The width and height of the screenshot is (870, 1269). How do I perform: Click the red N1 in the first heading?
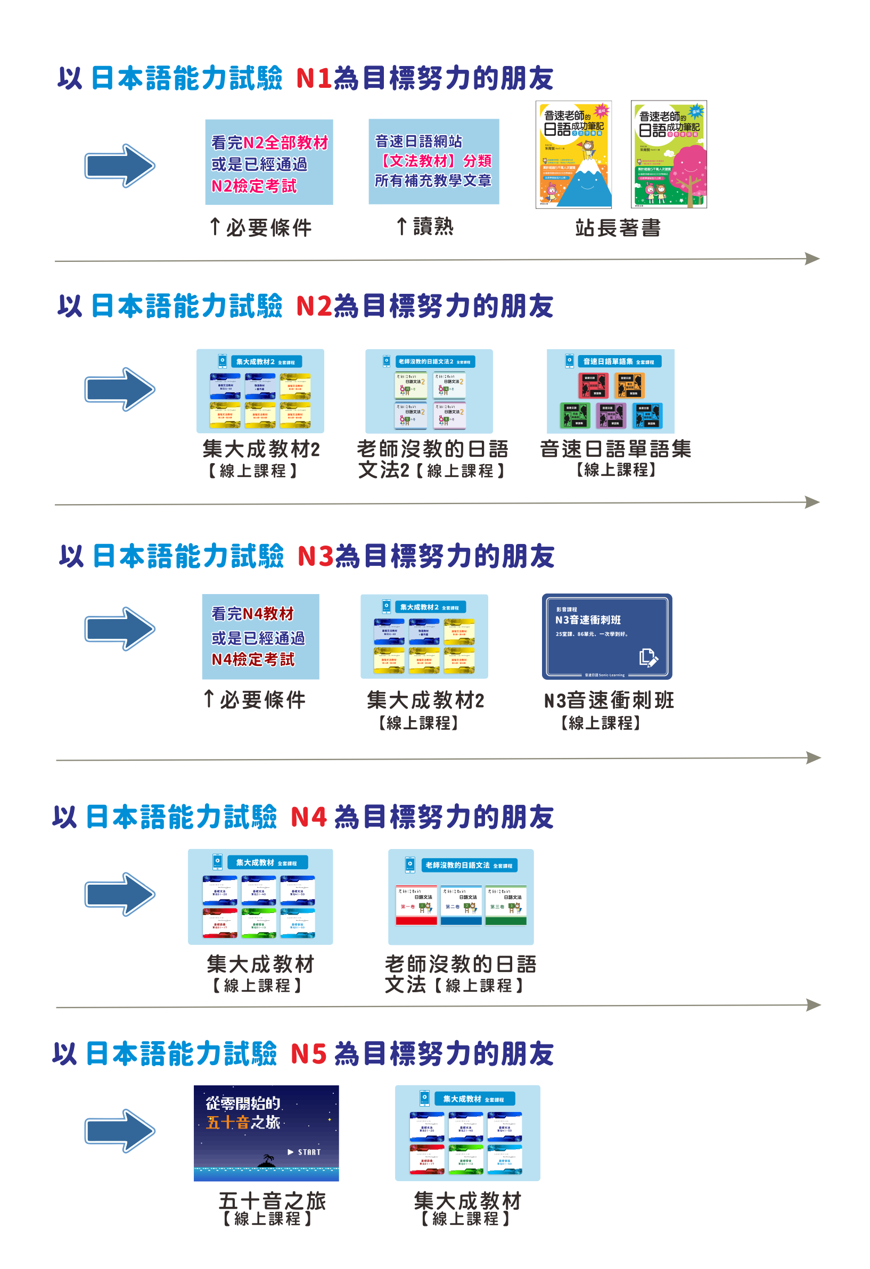point(314,78)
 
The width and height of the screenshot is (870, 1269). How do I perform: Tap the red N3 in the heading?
point(315,556)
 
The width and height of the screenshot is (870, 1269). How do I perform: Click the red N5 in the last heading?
point(309,1053)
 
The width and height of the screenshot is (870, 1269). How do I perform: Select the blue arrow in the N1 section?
point(120,166)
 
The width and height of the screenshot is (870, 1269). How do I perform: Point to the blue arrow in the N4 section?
point(120,894)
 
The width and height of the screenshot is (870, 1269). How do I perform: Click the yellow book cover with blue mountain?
point(573,154)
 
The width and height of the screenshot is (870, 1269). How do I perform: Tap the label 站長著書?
point(618,228)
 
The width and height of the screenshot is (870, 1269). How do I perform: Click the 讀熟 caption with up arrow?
point(425,226)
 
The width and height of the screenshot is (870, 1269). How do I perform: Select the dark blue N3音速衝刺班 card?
point(606,636)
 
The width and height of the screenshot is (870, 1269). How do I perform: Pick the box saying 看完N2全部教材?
point(269,162)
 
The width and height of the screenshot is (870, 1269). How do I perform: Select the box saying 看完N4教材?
point(260,636)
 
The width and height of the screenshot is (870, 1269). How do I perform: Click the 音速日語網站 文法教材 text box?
point(433,161)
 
